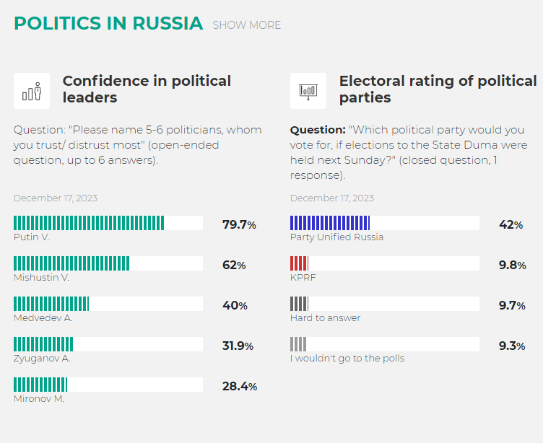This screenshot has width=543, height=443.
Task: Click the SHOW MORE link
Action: pos(246,25)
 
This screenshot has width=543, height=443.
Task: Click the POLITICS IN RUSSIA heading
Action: pos(108,23)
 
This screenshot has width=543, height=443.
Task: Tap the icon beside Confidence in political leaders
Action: pos(32,91)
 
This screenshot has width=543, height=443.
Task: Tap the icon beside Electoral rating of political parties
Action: pos(308,91)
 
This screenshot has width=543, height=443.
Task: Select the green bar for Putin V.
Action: pos(89,223)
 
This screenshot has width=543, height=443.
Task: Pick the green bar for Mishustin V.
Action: pos(71,263)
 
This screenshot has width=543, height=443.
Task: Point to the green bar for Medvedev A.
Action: pos(51,304)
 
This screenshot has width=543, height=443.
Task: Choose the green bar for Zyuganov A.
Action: pos(43,344)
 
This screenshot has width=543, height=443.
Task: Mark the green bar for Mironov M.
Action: pos(40,385)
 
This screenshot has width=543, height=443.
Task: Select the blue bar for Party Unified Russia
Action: pos(330,223)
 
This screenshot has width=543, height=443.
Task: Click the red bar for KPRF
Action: pos(299,263)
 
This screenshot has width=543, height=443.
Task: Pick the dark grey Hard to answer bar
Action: pos(299,304)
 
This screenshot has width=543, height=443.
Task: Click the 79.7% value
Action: pos(239,224)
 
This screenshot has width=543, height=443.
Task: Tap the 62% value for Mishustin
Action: pos(234,265)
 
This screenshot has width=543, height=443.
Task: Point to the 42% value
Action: pos(511,224)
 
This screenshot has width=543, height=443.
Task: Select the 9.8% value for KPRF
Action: pos(512,265)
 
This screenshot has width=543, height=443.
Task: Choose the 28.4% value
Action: pos(240,386)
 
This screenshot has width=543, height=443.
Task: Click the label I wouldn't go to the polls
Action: pos(347,359)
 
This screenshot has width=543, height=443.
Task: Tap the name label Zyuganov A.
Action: pos(42,359)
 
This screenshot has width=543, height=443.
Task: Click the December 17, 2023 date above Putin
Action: pos(56,198)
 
